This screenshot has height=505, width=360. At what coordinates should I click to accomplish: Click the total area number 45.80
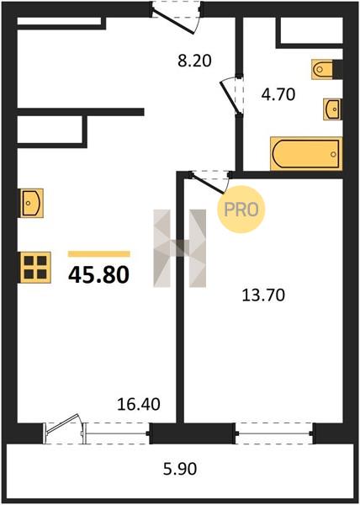pos(98,275)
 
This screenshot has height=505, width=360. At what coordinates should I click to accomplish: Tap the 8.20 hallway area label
pos(194,61)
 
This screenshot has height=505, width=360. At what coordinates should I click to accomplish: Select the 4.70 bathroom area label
pos(278,94)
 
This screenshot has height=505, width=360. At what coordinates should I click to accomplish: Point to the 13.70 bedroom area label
pos(263,295)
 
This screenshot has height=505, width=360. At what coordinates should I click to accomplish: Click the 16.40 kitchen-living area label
pos(138,404)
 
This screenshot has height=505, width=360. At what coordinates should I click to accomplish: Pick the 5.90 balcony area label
pos(180,469)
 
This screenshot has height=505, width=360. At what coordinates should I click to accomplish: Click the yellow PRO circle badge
pos(241,210)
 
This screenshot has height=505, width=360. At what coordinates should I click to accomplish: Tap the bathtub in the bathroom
pos(306,153)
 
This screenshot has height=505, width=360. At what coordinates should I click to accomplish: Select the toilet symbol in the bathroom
pos(322,69)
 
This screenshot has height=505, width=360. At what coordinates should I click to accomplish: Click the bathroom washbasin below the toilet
pos(332,109)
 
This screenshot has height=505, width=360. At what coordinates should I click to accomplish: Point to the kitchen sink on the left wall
pos(32,203)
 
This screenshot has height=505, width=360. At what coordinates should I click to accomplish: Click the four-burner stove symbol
pos(35,268)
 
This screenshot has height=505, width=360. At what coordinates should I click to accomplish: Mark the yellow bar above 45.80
pos(98,254)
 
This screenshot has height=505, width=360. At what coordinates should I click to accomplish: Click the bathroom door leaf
pos(230,98)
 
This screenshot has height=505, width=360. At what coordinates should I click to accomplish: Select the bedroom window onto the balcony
pos(274,433)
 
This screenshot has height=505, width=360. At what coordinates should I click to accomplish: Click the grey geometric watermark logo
pos(179,248)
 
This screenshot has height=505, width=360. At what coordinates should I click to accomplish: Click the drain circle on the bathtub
pos(333,154)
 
